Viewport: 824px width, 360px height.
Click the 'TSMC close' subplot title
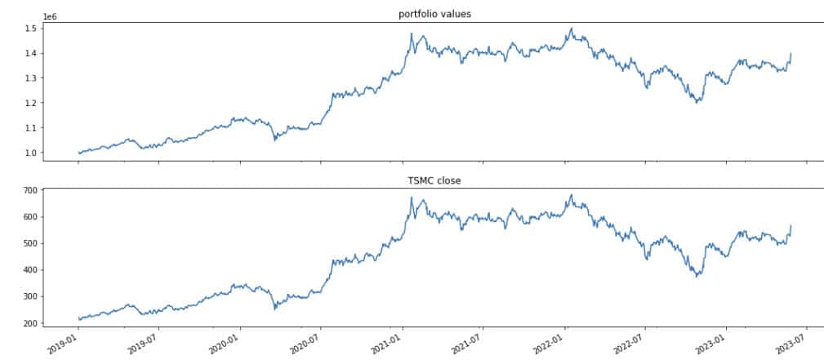click(434, 180)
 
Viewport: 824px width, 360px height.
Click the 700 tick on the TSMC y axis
click(29, 190)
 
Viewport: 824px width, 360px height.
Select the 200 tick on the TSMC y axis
click(29, 323)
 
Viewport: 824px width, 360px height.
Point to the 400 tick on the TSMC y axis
click(29, 270)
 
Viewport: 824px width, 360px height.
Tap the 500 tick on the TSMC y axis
click(29, 243)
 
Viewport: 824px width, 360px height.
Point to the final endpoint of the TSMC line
click(791, 225)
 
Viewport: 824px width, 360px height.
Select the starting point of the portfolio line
click(78, 153)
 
